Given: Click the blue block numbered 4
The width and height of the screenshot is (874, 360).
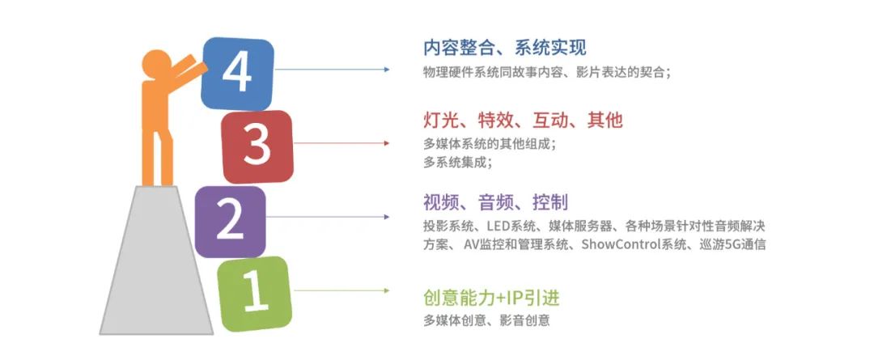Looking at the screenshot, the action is pyautogui.click(x=237, y=74).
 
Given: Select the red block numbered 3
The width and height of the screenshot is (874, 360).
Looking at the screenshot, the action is pyautogui.click(x=257, y=146).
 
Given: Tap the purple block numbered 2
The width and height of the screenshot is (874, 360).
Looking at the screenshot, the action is pyautogui.click(x=231, y=221).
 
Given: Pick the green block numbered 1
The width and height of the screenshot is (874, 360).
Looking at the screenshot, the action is pyautogui.click(x=255, y=294).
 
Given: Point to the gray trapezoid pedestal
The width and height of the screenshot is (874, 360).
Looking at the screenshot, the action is pyautogui.click(x=156, y=260).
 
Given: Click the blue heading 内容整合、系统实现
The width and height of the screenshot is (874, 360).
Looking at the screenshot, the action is pyautogui.click(x=505, y=48).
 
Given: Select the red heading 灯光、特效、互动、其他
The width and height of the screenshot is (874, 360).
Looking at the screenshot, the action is pyautogui.click(x=523, y=121).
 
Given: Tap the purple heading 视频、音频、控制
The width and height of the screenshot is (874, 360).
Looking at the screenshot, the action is pyautogui.click(x=495, y=202).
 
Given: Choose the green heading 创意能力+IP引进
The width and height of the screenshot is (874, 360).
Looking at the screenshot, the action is pyautogui.click(x=491, y=299).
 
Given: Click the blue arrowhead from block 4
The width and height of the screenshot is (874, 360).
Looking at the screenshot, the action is pyautogui.click(x=387, y=70).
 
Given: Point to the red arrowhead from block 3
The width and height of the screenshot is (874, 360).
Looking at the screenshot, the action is pyautogui.click(x=387, y=143).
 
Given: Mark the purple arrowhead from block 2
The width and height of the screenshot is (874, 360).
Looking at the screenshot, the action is pyautogui.click(x=387, y=217).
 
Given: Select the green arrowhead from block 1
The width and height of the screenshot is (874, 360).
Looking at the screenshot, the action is pyautogui.click(x=387, y=290).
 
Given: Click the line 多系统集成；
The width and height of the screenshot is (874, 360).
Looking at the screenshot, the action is pyautogui.click(x=457, y=162).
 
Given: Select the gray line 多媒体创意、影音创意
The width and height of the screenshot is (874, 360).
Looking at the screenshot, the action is pyautogui.click(x=486, y=320).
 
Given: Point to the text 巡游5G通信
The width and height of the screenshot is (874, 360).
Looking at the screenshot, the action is pyautogui.click(x=732, y=244).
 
